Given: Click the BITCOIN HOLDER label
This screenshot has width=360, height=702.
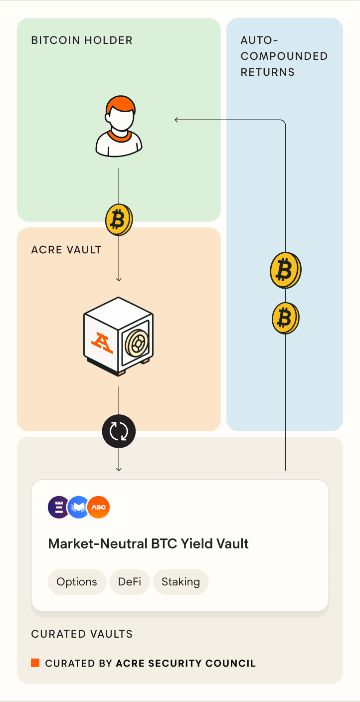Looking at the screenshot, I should pos(82,40).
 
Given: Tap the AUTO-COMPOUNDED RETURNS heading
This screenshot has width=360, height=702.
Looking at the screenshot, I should pos(284,56).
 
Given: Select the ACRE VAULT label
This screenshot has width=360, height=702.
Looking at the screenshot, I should pos(66,249).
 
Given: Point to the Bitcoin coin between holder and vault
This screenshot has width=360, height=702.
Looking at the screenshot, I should pos(119,219).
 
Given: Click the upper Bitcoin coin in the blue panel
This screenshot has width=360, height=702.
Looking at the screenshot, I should pos(285,270).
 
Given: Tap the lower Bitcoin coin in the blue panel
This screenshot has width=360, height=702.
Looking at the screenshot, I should pos(285,318).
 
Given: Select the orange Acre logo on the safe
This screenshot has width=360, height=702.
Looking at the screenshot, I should pos(102,343).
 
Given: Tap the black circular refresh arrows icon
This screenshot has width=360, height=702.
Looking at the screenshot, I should pos(119,431).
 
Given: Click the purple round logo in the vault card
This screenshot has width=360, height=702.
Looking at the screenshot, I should pos(59,508).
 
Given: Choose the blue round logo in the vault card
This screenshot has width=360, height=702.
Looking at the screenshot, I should pos(78,508).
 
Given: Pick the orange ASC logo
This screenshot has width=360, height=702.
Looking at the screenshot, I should pos(98,508).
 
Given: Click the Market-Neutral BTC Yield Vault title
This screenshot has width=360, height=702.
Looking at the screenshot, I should pos(148,543).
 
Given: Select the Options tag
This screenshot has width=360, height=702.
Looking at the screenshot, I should pos(77,582).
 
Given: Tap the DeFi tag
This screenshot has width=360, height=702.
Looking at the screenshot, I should pos(130,582).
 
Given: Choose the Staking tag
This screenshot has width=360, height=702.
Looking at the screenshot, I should pos(180,582).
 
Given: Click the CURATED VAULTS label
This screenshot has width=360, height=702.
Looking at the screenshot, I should pos(82,634).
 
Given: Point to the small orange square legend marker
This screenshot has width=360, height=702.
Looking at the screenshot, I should pos(35,663).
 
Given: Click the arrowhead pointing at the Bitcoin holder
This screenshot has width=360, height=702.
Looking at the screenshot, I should pos(177,119).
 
